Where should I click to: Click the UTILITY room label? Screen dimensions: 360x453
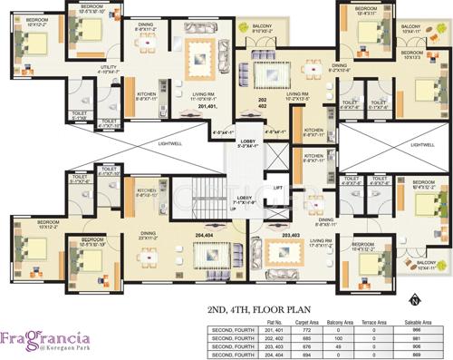point(110,67)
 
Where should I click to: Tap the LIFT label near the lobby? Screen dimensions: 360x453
point(278,188)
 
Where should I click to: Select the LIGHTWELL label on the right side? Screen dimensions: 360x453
point(421,144)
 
